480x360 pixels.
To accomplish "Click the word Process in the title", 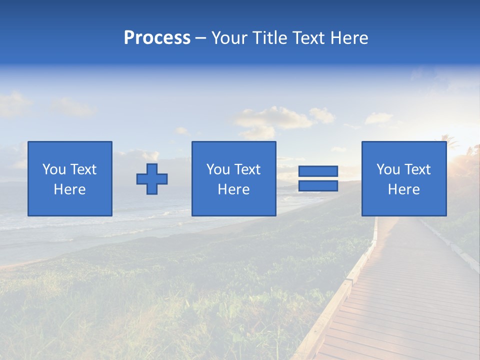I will (x=157, y=38).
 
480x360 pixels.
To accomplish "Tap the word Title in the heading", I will (x=269, y=38).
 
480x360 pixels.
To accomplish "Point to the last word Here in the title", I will (x=349, y=38).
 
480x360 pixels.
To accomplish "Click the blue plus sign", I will (x=152, y=179).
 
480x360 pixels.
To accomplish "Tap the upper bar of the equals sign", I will (x=318, y=171).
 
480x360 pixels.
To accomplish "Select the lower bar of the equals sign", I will (x=318, y=186).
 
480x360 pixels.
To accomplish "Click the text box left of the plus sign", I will (x=69, y=178).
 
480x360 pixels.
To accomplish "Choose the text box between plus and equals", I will (x=233, y=178).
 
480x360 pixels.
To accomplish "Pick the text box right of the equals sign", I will (x=403, y=178).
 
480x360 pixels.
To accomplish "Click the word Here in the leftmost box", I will (x=69, y=189).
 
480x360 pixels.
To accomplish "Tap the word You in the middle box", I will (x=218, y=169).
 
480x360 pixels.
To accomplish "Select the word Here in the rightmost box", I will (x=403, y=189).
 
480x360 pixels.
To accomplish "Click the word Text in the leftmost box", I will (x=83, y=169).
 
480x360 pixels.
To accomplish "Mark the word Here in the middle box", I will (x=233, y=189).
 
